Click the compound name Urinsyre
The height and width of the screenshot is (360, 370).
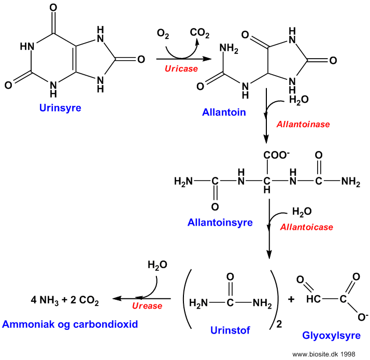(60, 108)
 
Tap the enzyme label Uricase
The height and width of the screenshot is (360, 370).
(181, 68)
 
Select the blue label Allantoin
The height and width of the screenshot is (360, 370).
(224, 112)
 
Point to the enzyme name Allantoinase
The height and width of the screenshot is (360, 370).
(303, 124)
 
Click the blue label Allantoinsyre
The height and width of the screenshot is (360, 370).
(220, 223)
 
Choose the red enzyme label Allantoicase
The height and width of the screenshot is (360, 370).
(307, 227)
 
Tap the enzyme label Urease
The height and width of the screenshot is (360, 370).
(147, 306)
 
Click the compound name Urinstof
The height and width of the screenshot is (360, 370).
(230, 330)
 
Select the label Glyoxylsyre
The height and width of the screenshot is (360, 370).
(331, 336)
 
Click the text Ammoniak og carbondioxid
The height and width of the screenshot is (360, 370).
(70, 324)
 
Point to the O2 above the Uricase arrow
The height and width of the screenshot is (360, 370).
(163, 34)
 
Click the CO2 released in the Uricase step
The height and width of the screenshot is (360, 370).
(200, 33)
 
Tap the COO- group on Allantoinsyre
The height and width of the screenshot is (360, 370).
(276, 155)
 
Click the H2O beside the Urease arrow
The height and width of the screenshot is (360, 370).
(158, 265)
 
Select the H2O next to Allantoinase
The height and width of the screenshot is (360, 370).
(299, 100)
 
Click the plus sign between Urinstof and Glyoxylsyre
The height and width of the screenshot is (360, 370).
(291, 299)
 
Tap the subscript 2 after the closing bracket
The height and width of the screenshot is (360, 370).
(279, 324)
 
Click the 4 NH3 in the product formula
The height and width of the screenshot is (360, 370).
(45, 300)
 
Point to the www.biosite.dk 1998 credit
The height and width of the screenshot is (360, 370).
(324, 354)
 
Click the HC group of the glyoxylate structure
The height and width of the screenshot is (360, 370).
(314, 299)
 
